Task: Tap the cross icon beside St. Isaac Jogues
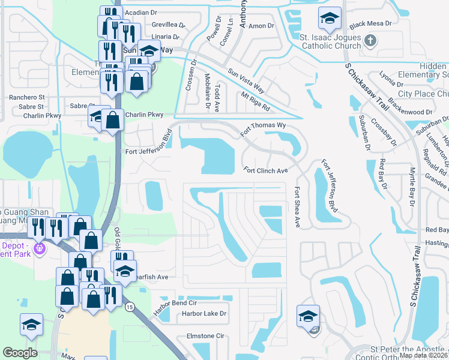pyautogui.click(x=370, y=41)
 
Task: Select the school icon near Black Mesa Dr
pyautogui.click(x=330, y=19)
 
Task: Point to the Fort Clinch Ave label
pyautogui.click(x=267, y=170)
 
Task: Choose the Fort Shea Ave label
pyautogui.click(x=297, y=207)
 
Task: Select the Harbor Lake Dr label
pyautogui.click(x=205, y=313)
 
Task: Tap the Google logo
pyautogui.click(x=20, y=353)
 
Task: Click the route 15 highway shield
pyautogui.click(x=130, y=307)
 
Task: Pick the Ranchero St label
pyautogui.click(x=26, y=97)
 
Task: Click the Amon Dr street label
pyautogui.click(x=261, y=26)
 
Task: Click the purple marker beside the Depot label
pyautogui.click(x=40, y=247)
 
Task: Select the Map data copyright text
pyautogui.click(x=423, y=355)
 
